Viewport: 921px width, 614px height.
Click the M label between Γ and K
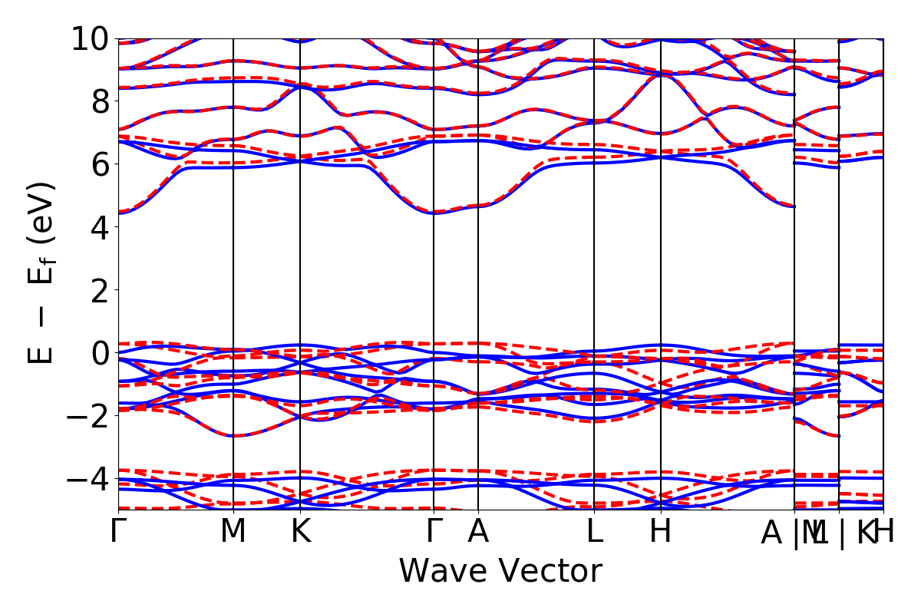tap(233, 531)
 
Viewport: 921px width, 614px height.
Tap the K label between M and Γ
tap(300, 531)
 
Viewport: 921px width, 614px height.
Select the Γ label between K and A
tap(434, 531)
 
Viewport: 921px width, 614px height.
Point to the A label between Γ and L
tap(478, 531)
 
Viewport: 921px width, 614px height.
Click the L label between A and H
tap(594, 531)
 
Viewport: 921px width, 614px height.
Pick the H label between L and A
tap(661, 531)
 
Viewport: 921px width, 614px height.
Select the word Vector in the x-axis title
tap(551, 572)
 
